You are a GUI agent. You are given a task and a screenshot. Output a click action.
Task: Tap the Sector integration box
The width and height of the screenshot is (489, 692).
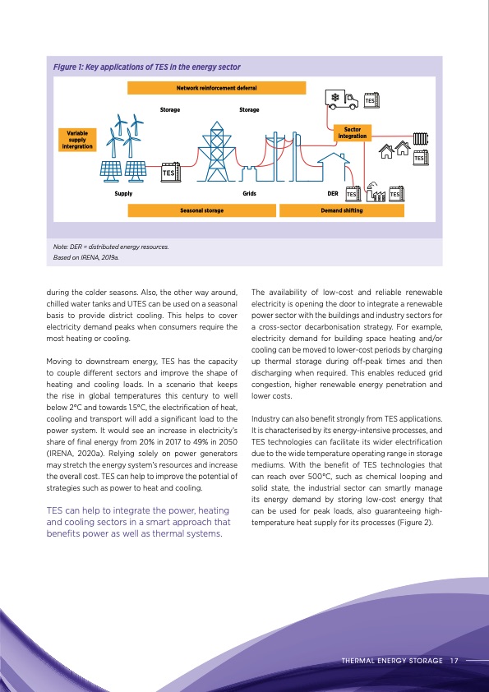pos(353,132)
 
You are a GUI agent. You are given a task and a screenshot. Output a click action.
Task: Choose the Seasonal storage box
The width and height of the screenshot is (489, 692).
pos(202,210)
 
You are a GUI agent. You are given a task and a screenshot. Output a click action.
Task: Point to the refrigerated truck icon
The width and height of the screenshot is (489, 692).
pos(338,99)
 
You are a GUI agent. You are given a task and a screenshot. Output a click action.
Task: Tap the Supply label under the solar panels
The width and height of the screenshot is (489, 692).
pos(122,193)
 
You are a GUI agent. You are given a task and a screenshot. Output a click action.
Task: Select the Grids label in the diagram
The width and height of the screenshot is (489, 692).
pos(250,193)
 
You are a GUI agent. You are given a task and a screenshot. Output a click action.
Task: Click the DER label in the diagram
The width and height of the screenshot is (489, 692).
pos(333,193)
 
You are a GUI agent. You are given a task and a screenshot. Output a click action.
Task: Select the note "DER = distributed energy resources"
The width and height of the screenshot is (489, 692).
pos(113,247)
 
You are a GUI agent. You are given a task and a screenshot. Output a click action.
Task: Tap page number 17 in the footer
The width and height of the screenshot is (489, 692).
pos(454,659)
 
